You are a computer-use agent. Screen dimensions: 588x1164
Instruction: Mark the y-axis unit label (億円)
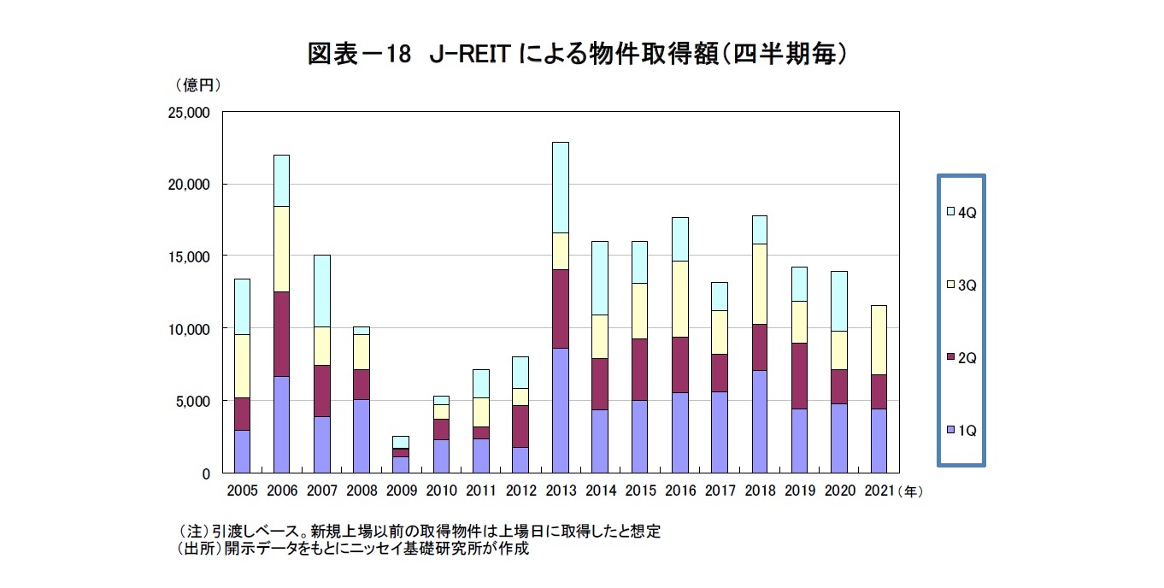[197, 85]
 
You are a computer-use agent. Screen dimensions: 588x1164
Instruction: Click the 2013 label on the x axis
[560, 491]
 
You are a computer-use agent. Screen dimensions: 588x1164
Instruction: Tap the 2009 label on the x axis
[401, 491]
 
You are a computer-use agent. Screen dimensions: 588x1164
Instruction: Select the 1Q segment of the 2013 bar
[560, 410]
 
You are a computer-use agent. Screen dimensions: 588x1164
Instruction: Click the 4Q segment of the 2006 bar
[281, 180]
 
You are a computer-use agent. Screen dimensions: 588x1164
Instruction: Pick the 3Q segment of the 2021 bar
[878, 339]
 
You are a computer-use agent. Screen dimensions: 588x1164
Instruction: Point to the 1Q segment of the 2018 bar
[759, 421]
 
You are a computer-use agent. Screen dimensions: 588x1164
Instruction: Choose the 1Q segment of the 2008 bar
[362, 436]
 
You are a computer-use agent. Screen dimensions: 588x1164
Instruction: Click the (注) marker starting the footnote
[193, 531]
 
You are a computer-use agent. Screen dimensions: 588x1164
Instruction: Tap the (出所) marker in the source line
[197, 549]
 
